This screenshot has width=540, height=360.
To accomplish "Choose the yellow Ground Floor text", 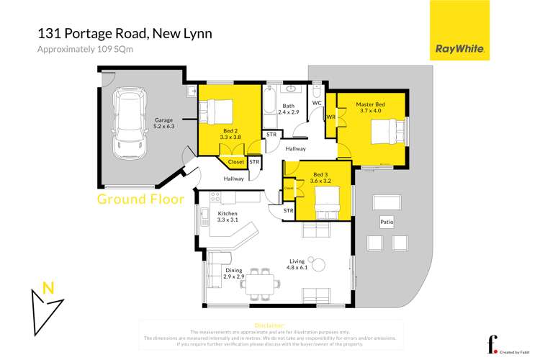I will [x=140, y=199].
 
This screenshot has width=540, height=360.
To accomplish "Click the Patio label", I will [x=387, y=222].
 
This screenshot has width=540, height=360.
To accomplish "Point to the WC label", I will [x=316, y=103].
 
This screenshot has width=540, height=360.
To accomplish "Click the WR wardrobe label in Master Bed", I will [x=331, y=117].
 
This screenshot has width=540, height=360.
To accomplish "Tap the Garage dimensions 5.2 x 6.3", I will [x=165, y=126].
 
